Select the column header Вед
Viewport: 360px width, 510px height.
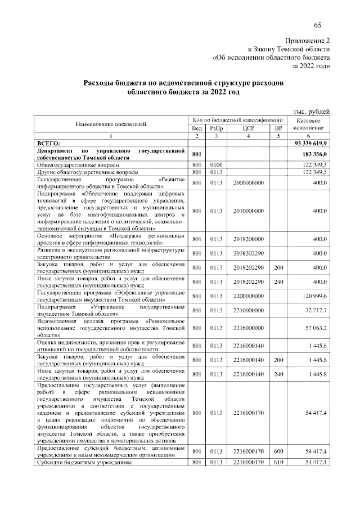point(197,128)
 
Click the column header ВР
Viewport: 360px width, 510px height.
point(277,128)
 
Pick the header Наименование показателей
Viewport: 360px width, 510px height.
point(111,124)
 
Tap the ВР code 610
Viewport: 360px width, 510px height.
point(277,463)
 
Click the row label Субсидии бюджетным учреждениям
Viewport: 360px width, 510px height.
point(84,463)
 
